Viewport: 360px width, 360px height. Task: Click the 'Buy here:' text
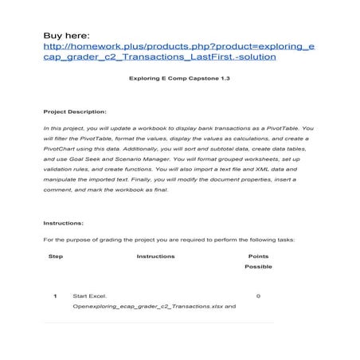(x=68, y=35)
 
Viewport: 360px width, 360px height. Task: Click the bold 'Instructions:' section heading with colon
(x=65, y=224)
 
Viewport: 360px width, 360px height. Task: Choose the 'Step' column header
(x=56, y=256)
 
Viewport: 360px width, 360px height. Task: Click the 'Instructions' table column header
(x=156, y=256)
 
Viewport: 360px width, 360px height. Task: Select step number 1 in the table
(x=55, y=295)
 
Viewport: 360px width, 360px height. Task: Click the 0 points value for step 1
(x=259, y=295)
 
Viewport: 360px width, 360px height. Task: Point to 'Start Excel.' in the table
(x=88, y=295)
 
